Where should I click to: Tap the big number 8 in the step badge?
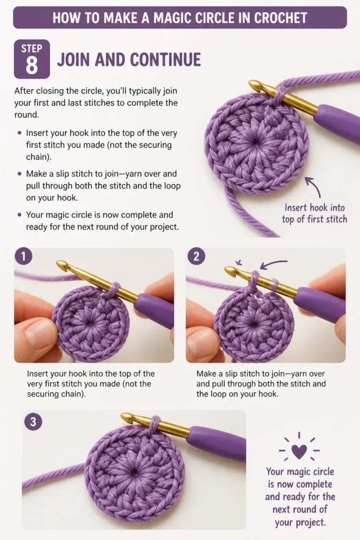pyautogui.click(x=32, y=65)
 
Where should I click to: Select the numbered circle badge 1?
pyautogui.click(x=23, y=257)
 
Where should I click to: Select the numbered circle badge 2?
pyautogui.click(x=196, y=257)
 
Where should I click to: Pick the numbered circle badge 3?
pyautogui.click(x=33, y=421)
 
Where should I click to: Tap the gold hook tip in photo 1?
pyautogui.click(x=61, y=265)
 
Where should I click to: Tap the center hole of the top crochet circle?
pyautogui.click(x=256, y=143)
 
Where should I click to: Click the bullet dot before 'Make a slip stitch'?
pyautogui.click(x=20, y=173)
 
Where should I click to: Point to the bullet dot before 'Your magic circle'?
pyautogui.click(x=20, y=215)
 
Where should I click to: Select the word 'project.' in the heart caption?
pyautogui.click(x=300, y=522)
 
